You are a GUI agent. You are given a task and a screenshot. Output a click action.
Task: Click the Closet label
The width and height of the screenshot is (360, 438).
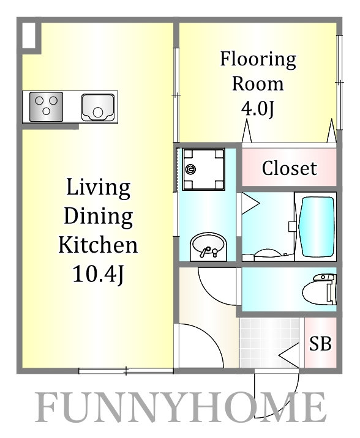click(290, 168)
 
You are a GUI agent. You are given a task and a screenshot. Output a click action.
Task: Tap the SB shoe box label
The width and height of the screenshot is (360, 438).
click(320, 343)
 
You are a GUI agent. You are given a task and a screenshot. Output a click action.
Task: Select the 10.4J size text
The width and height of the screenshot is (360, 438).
click(98, 274)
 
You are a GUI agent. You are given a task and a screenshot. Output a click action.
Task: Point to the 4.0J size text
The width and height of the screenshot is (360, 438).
click(258, 108)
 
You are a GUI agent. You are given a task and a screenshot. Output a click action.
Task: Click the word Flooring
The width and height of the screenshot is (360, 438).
click(258, 60)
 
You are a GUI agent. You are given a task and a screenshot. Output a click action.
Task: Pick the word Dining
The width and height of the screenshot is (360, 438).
click(99, 217)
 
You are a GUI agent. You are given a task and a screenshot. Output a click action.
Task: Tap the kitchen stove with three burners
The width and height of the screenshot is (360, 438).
click(46, 107)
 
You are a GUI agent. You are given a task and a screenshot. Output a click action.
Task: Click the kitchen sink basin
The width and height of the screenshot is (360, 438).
click(98, 108)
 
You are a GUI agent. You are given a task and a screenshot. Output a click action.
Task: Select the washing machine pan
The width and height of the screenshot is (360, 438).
click(203, 169)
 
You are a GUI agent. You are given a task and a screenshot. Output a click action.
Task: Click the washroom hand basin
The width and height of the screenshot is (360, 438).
click(208, 247)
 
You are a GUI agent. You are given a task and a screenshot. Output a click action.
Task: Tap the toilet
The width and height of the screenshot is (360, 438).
click(320, 289)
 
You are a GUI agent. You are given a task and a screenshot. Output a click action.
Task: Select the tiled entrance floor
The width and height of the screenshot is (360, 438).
click(269, 343)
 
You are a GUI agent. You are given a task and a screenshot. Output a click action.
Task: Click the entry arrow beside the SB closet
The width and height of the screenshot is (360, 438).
click(289, 355)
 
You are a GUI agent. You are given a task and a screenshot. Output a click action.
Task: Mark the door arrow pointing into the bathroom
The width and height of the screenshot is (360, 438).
click(250, 204)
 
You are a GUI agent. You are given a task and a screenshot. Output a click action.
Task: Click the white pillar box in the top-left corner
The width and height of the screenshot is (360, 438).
click(29, 35)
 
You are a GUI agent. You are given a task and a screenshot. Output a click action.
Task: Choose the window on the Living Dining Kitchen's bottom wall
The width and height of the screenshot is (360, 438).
click(126, 371)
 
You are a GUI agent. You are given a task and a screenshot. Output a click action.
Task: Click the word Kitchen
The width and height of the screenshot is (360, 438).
click(98, 245)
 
